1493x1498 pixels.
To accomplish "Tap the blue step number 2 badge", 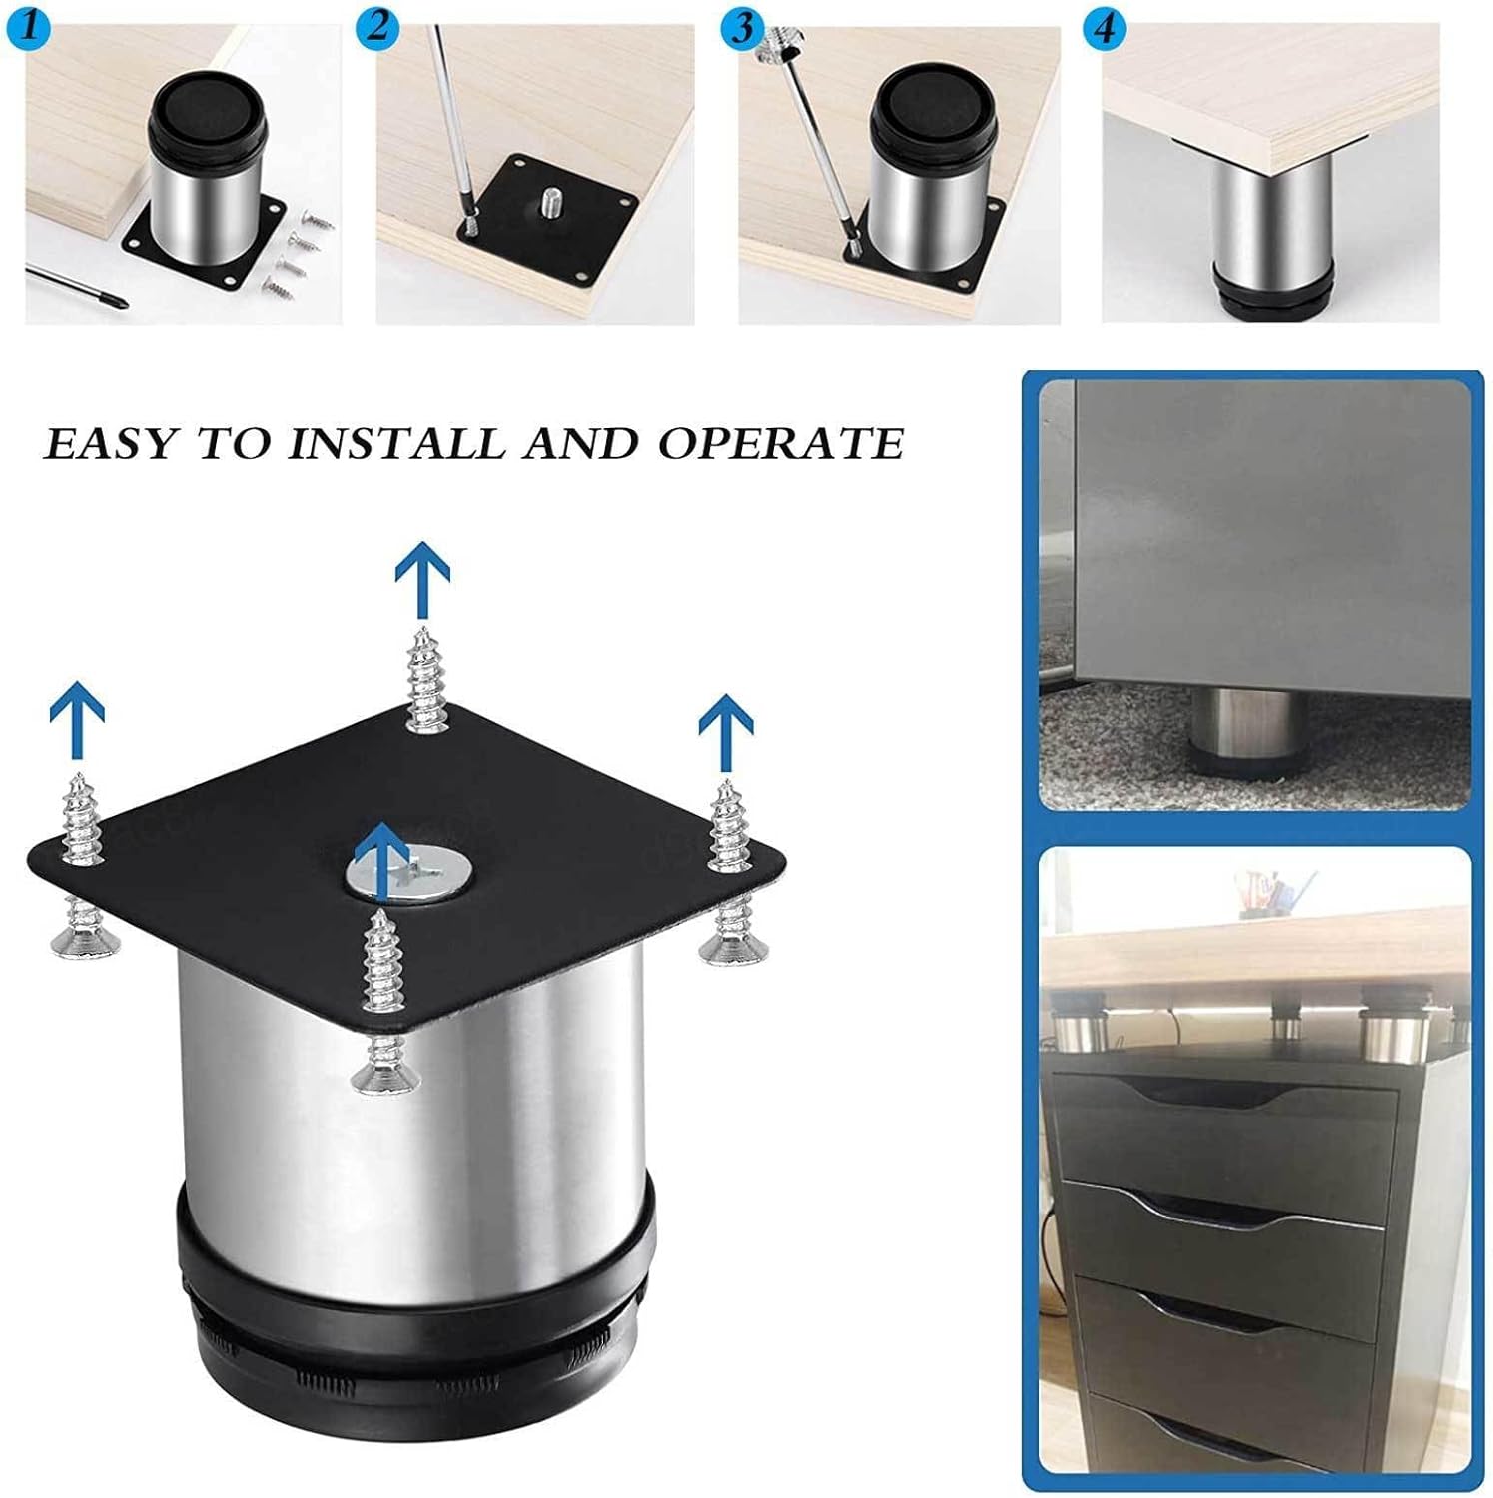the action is coord(377,25).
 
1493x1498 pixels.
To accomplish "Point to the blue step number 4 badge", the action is coord(1104,27).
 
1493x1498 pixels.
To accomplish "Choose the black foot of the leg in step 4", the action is coord(1272,296).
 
